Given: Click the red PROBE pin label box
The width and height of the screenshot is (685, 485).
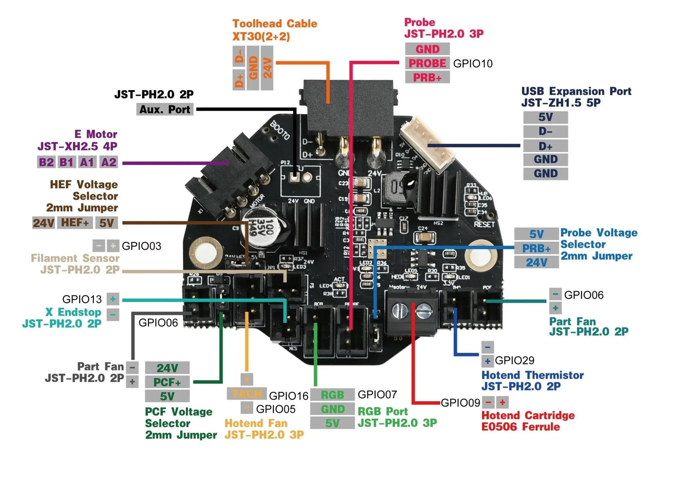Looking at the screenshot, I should tap(427, 63).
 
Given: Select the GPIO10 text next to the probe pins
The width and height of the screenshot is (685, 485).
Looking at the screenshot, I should tap(473, 64).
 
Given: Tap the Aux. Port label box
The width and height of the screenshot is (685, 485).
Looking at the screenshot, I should tap(164, 110).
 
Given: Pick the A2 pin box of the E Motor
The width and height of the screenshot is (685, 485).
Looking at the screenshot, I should tap(109, 162).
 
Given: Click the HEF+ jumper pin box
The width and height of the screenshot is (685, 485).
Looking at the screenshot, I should tap(75, 223).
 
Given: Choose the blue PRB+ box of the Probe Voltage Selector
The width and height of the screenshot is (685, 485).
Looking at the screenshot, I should tap(536, 248).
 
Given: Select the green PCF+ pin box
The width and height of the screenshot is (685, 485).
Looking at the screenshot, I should tap(167, 382).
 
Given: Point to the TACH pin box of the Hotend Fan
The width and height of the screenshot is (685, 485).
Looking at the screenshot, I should tap(247, 394).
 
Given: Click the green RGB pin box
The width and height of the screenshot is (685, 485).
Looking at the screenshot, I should tap(332, 395).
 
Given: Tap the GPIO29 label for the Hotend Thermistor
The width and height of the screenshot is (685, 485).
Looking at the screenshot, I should tap(514, 361).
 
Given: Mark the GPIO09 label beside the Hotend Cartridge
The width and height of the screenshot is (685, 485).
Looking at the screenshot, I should tap(460, 403).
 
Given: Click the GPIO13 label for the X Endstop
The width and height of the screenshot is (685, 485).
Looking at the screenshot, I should tap(82, 299).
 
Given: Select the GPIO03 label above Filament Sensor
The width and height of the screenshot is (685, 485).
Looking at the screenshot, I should tap(141, 246).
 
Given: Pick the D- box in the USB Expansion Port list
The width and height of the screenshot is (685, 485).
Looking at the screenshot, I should tap(545, 131).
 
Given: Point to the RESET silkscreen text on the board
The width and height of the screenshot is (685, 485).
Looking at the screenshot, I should tap(484, 224).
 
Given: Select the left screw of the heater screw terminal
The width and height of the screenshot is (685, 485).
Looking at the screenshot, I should tap(400, 311).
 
